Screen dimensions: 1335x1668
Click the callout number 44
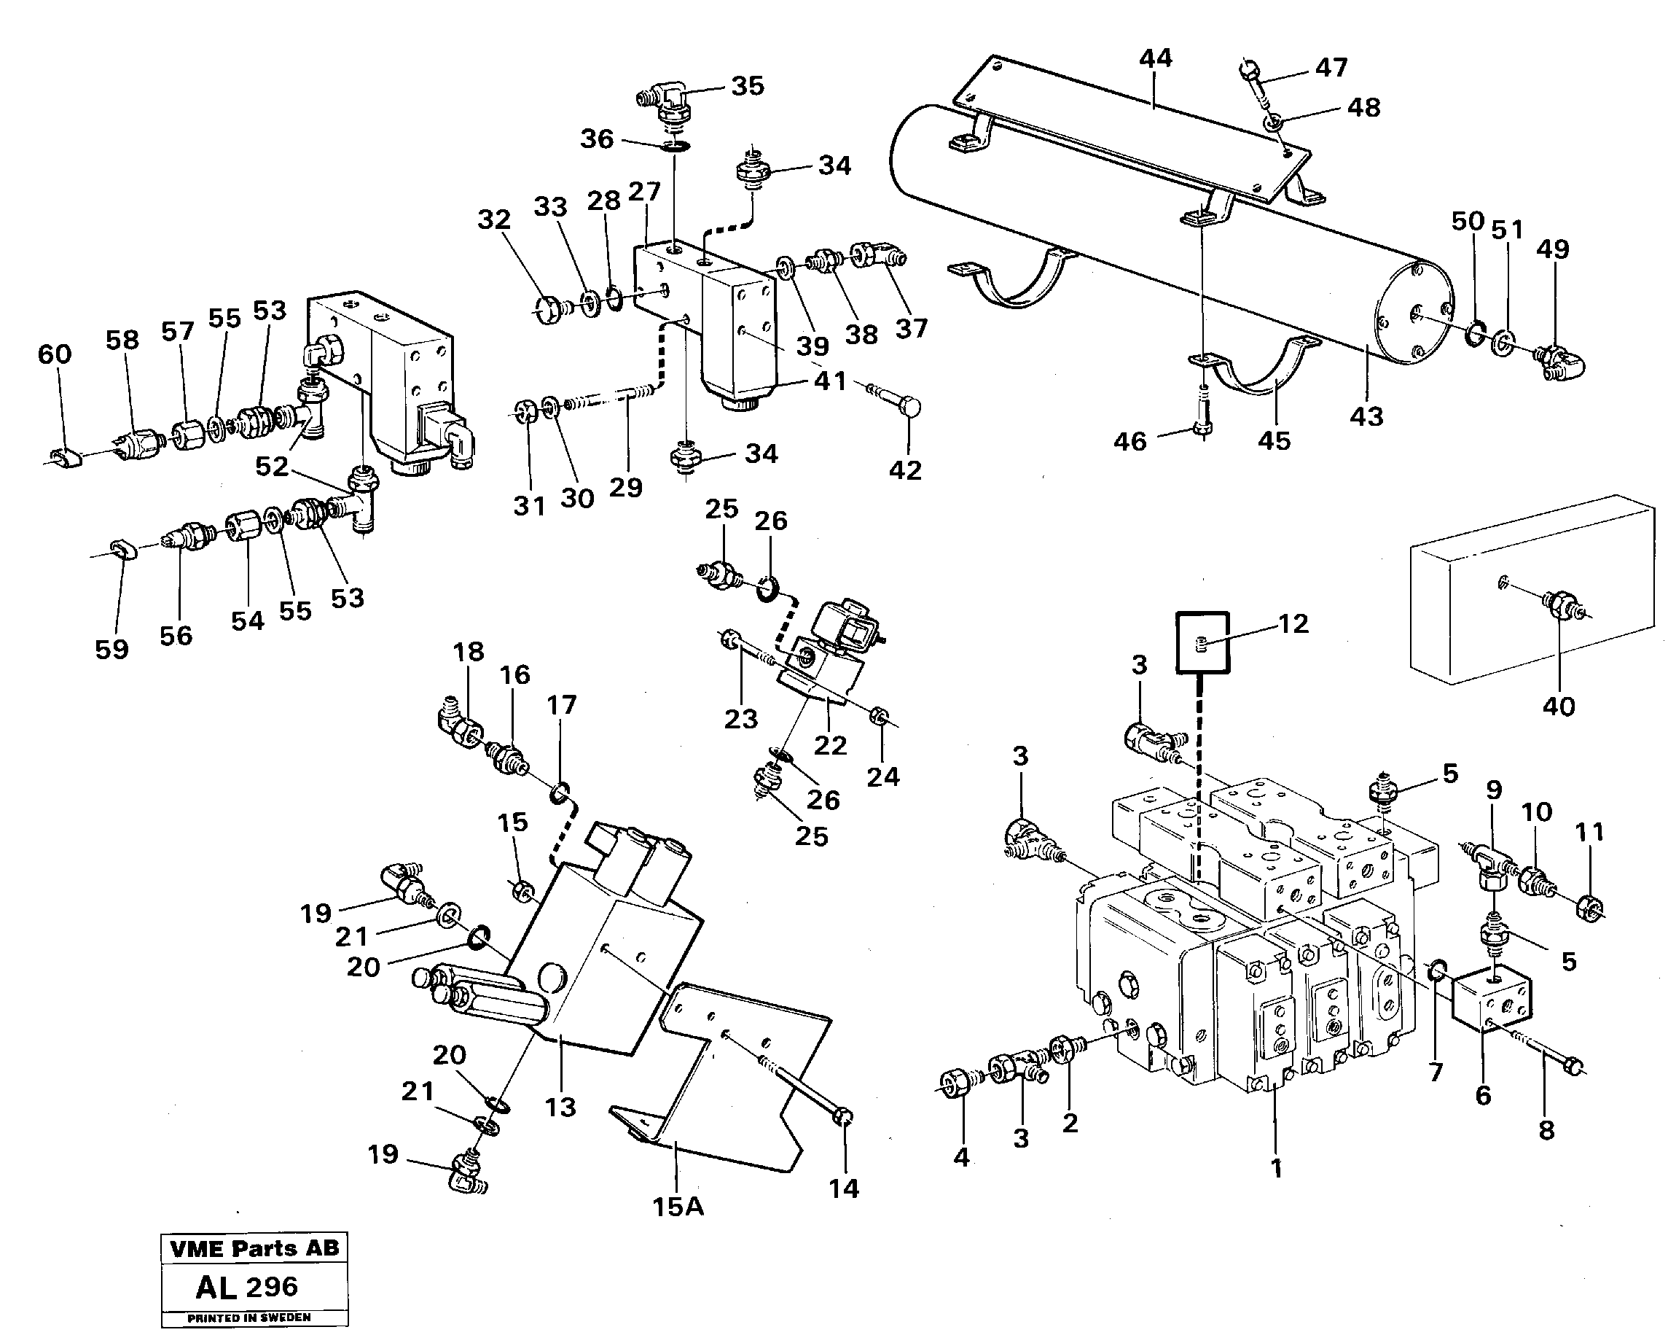coord(1155,58)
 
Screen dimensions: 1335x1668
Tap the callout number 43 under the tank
coord(1366,416)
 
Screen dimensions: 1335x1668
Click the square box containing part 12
coord(1202,642)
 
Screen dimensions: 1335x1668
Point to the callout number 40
coord(1558,706)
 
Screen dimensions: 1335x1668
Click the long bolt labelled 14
coord(804,1086)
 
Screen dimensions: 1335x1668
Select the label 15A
coord(678,1207)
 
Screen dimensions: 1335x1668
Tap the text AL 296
coord(247,1287)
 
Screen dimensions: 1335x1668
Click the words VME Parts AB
coord(254,1248)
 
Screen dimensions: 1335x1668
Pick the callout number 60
coord(54,354)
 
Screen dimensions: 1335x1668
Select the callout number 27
coord(643,191)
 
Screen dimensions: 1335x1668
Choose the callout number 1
coord(1277,1169)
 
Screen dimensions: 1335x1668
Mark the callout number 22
coord(830,744)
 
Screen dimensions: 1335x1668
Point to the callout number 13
coord(560,1107)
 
